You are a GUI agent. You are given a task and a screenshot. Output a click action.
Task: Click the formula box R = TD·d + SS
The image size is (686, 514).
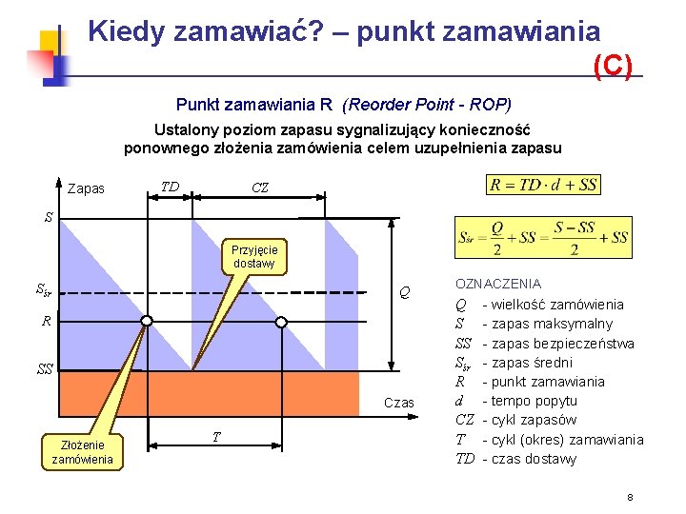(543, 185)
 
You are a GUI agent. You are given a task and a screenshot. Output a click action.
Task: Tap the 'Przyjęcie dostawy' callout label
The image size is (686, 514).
(253, 257)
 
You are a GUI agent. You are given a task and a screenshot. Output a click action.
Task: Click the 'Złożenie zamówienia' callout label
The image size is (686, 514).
(83, 452)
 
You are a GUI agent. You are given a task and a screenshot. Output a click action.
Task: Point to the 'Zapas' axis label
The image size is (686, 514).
(87, 188)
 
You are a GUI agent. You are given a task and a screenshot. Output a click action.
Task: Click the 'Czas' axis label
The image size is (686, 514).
(399, 403)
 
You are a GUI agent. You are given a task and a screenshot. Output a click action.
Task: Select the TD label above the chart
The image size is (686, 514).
(170, 187)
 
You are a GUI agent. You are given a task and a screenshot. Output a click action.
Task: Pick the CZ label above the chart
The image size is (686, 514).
(260, 188)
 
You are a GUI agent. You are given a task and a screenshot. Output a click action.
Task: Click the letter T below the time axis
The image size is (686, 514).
(216, 436)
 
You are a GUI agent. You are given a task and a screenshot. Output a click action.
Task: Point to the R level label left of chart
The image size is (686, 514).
(46, 322)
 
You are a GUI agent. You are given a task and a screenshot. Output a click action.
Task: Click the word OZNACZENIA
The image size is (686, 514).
(498, 284)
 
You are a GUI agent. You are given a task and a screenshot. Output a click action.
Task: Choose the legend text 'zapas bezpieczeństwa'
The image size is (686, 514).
(564, 343)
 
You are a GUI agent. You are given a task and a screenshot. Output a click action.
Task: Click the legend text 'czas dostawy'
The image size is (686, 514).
(535, 459)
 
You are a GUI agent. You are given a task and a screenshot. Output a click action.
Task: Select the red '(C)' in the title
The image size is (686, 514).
(613, 65)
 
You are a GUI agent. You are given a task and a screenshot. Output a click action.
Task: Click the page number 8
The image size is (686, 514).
(631, 498)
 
